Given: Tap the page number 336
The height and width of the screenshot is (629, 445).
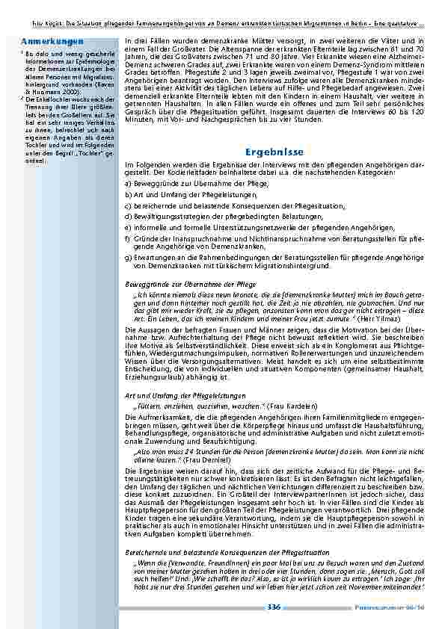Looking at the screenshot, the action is pos(273,610).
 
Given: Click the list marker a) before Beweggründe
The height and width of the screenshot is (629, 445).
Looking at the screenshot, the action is pos(128,182).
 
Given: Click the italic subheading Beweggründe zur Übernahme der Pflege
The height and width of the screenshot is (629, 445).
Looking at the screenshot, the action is pos(190,285).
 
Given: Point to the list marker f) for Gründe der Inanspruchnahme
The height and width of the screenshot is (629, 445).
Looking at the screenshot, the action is pos(128,236).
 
